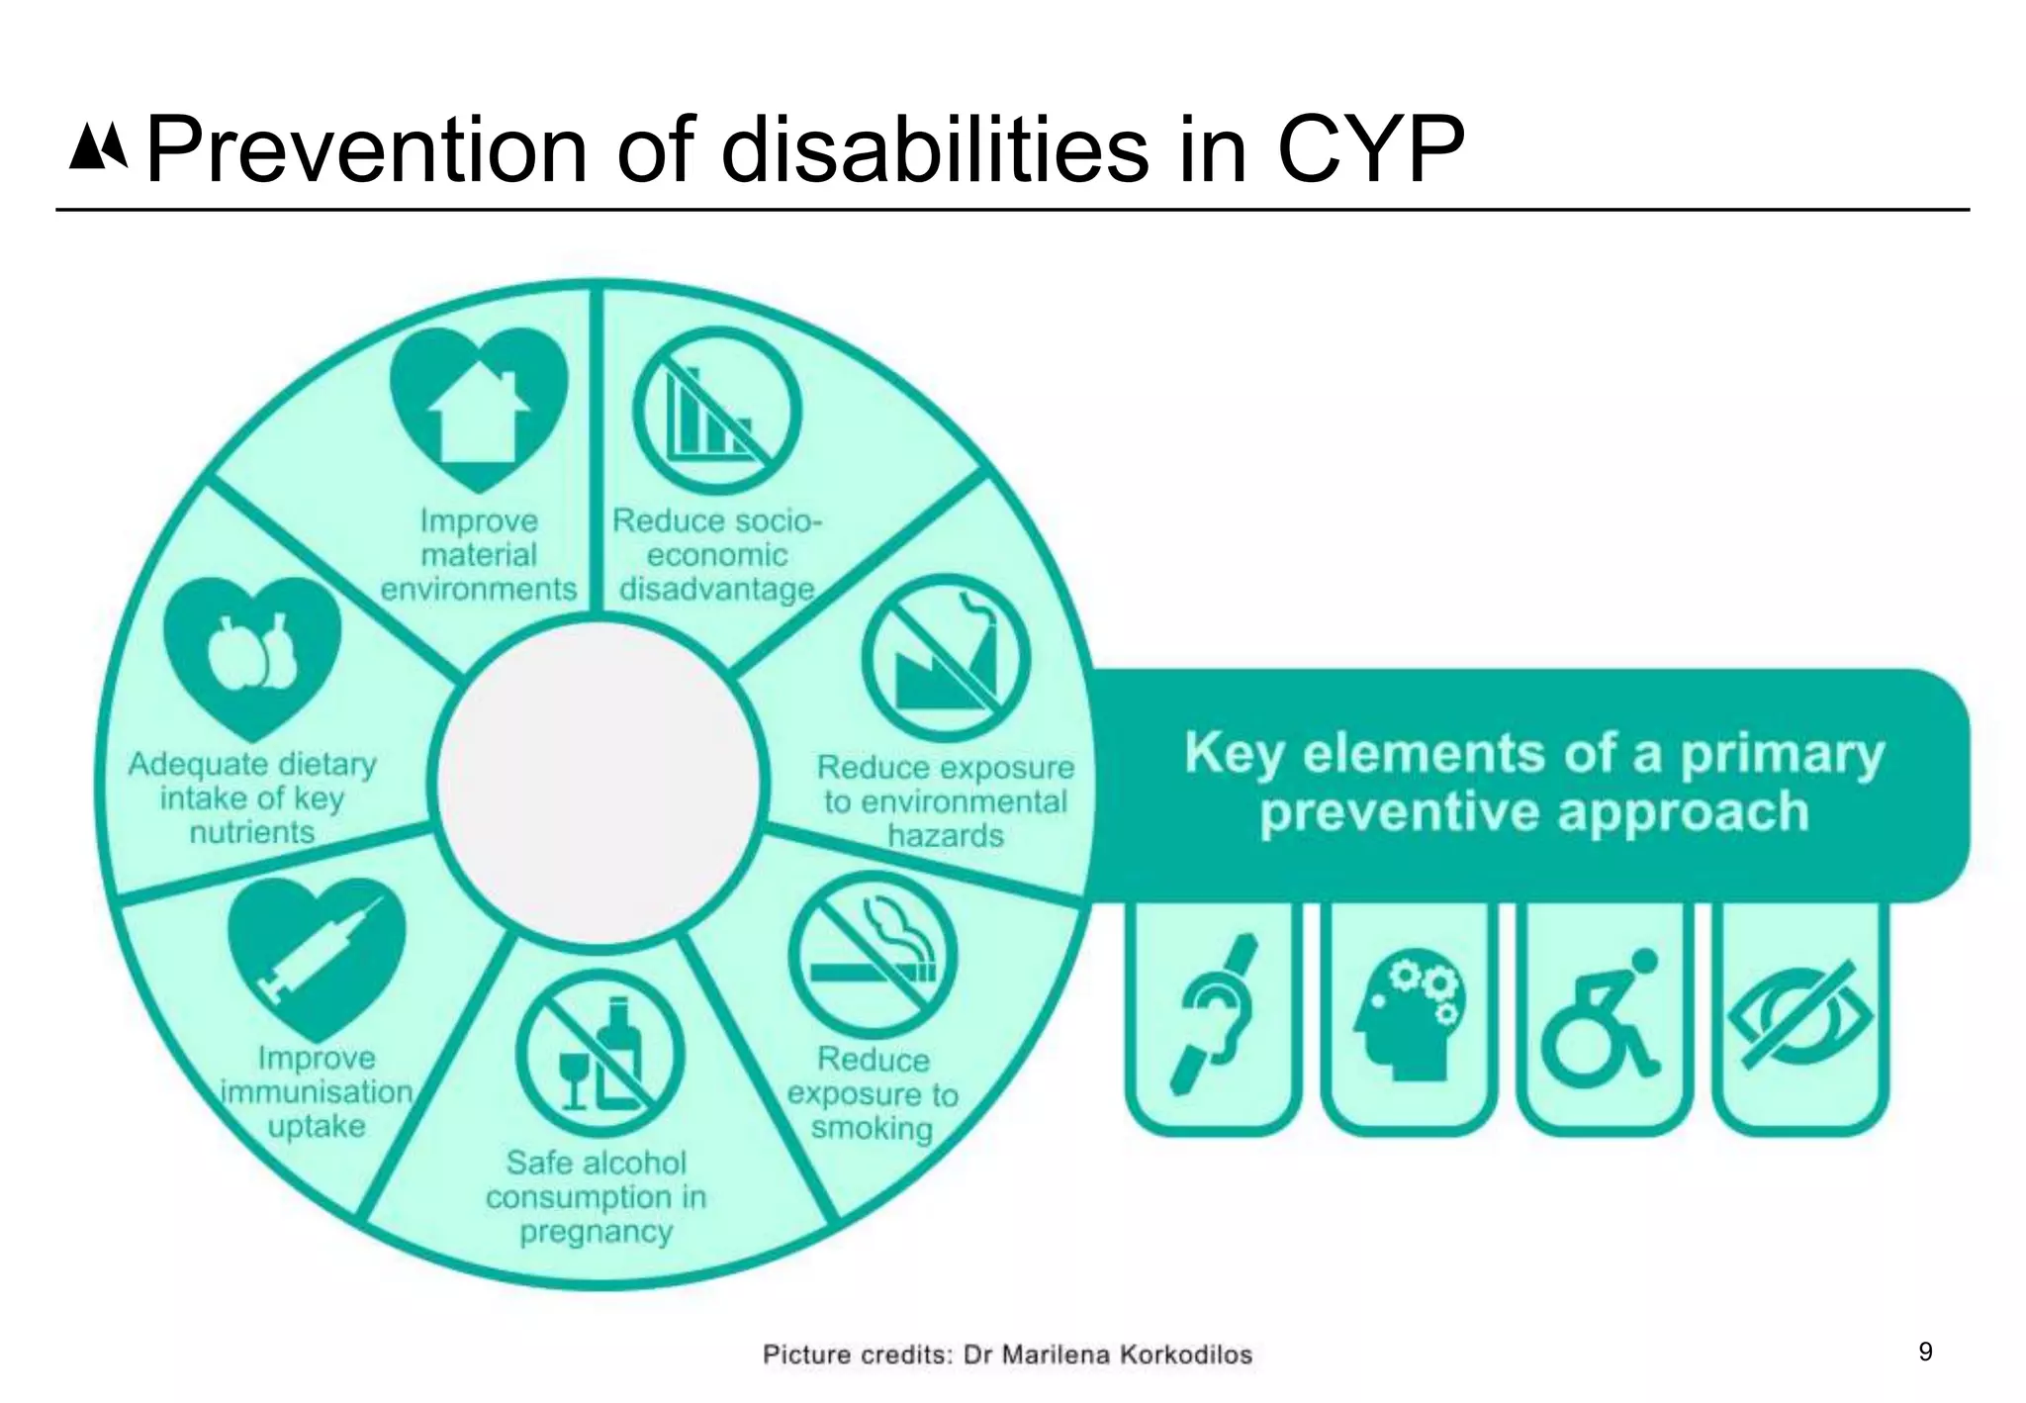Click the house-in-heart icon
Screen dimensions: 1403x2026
pyautogui.click(x=479, y=408)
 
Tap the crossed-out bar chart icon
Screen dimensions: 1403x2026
pyautogui.click(x=716, y=411)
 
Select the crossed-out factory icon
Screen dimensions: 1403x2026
pyautogui.click(x=946, y=658)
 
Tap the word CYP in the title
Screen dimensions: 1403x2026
pyautogui.click(x=1370, y=150)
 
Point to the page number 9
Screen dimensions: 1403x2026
pyautogui.click(x=1925, y=1352)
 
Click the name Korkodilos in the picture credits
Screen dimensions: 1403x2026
pyautogui.click(x=1185, y=1355)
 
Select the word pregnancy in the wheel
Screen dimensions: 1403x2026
pyautogui.click(x=596, y=1232)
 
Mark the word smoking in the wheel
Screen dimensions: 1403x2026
pyautogui.click(x=872, y=1128)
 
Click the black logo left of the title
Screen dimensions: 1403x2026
pyautogui.click(x=98, y=147)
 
